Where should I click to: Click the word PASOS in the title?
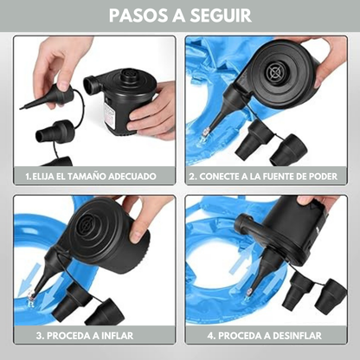tap(138, 16)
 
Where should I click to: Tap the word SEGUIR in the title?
tap(221, 16)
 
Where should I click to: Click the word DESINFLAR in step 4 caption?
tap(297, 336)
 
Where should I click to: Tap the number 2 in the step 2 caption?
tap(192, 177)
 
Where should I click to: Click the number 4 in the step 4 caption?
tap(210, 336)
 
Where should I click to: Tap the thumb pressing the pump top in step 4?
tap(306, 200)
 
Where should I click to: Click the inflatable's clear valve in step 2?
tap(204, 134)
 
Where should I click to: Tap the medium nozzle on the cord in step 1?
tap(55, 132)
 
